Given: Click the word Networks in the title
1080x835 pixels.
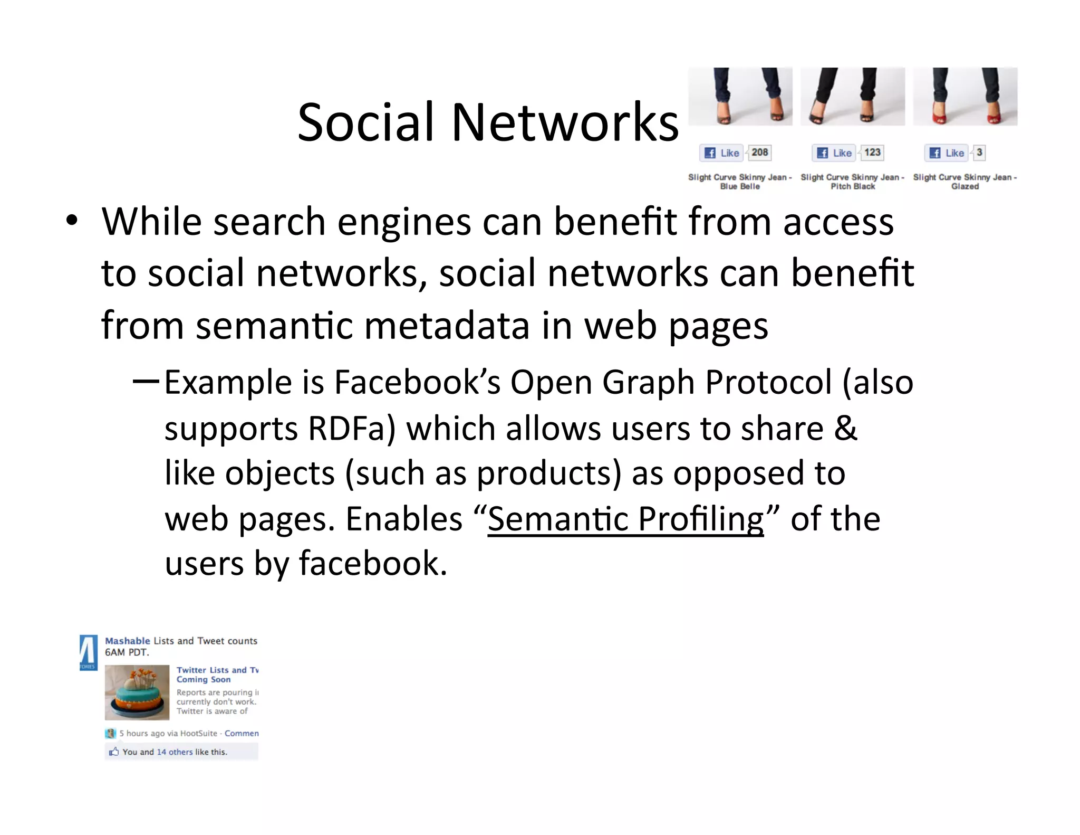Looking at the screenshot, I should point(565,122).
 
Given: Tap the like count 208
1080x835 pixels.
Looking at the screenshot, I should point(759,153).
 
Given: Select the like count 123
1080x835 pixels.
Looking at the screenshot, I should point(872,153).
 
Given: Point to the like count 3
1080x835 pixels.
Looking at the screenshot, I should point(979,153).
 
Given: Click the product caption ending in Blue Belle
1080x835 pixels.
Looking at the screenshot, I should point(740,182).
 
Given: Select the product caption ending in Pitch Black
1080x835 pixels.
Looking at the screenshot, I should point(853,182).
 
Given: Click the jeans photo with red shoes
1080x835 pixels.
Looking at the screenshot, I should point(965,96).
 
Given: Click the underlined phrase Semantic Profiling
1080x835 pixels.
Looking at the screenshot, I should point(625,519).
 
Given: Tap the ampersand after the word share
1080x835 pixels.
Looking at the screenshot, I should point(845,429).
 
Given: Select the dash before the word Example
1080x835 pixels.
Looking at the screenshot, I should point(146,381).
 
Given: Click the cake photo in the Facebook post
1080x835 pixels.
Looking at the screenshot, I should point(137,692).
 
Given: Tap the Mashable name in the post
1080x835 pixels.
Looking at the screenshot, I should point(128,641).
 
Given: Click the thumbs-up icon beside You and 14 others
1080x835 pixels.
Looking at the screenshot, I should point(113,752).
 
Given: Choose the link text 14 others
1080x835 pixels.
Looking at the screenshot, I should point(175,752).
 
